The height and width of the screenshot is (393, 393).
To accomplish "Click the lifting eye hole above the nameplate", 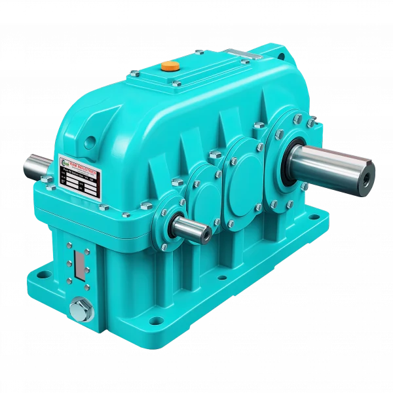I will [x=90, y=140].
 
